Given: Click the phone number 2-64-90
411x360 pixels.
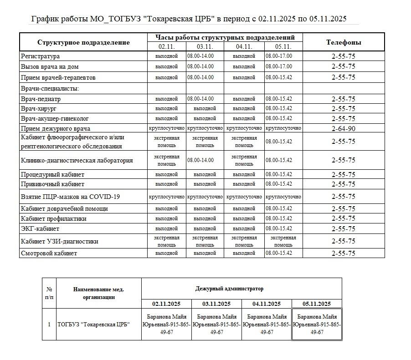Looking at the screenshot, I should point(344,128).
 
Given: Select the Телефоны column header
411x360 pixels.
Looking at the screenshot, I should point(344,42).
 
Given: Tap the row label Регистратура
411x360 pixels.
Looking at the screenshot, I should point(41,56).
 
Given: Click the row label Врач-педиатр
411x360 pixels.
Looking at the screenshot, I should point(41,99).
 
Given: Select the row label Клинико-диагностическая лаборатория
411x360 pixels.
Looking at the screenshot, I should point(77,160).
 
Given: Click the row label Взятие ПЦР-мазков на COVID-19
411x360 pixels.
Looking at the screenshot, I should point(70,197).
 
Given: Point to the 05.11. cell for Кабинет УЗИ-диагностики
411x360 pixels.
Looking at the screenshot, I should point(283,241).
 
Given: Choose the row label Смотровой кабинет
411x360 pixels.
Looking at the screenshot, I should point(49,253).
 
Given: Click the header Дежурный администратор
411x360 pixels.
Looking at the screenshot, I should point(229,289).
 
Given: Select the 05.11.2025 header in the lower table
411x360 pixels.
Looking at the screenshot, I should point(316,304).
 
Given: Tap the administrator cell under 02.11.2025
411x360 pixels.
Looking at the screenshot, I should point(166,324).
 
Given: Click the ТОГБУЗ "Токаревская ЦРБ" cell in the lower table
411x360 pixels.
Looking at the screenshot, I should point(93,325).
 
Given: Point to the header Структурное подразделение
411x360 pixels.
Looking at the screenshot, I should point(83,42).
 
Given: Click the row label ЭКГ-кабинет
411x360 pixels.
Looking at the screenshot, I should point(40,228).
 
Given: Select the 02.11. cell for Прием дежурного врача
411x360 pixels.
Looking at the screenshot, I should point(166,128).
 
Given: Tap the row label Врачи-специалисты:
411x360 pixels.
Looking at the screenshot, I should point(50,88).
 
